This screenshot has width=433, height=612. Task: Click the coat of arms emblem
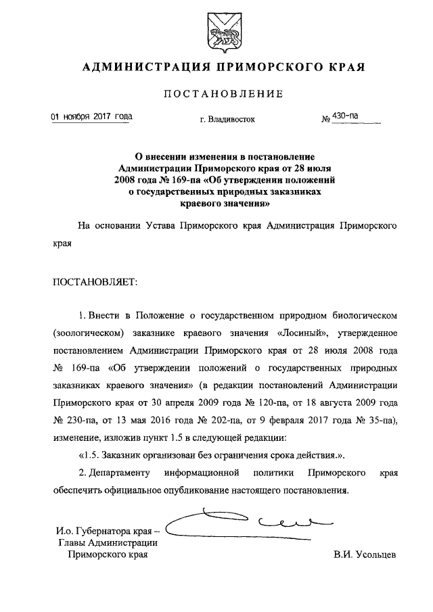point(217,32)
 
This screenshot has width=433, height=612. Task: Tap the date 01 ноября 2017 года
point(92,116)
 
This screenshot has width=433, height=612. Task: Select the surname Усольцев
point(364,555)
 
